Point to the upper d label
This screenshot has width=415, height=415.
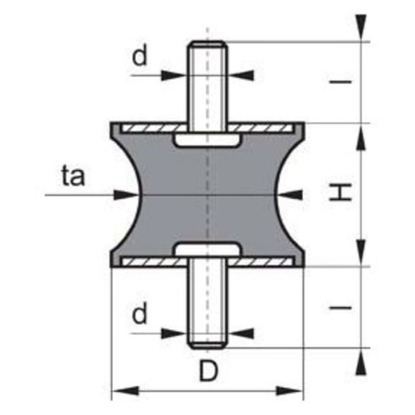[x=139, y=56]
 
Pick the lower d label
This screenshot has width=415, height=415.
[x=139, y=315]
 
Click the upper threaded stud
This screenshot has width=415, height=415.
[x=207, y=83]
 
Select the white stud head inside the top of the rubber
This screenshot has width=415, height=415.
[x=207, y=140]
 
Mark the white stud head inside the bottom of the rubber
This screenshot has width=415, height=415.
[x=207, y=250]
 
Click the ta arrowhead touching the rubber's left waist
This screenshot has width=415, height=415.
[x=121, y=194]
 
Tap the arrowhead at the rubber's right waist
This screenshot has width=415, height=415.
[x=294, y=194]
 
